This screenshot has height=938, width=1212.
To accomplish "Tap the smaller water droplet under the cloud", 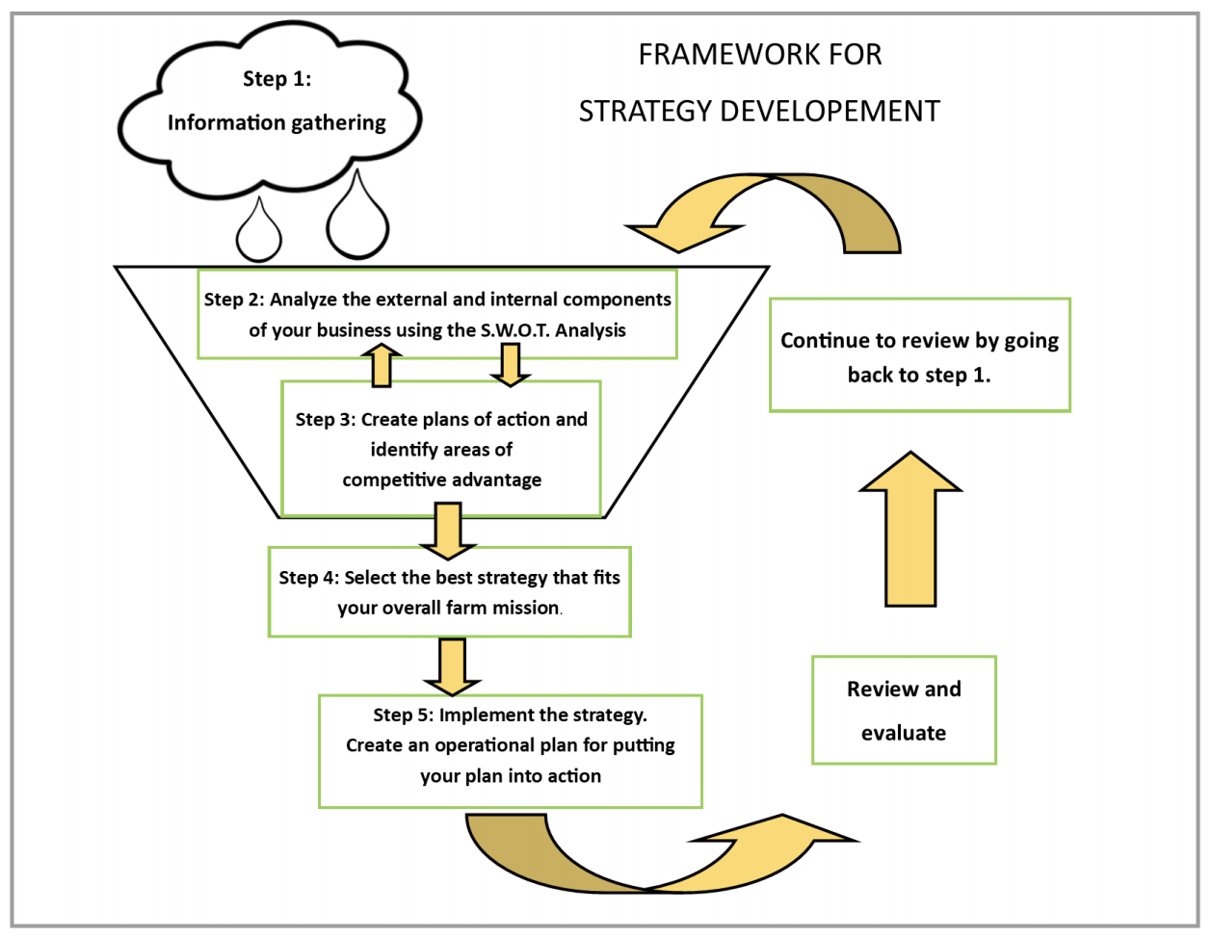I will (x=258, y=234).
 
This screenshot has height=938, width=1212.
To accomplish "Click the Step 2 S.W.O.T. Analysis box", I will (x=437, y=314).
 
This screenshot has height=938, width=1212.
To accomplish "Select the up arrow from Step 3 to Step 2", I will (x=382, y=366).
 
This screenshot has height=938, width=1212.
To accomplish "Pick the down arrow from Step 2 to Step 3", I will (x=511, y=364).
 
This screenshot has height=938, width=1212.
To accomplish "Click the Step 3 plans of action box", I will (x=441, y=449).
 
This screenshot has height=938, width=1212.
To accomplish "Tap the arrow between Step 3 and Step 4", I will (x=448, y=531).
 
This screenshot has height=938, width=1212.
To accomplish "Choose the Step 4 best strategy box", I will (x=449, y=592).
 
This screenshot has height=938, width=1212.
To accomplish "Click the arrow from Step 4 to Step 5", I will (x=452, y=665).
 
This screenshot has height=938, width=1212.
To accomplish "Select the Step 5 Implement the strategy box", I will (x=510, y=751).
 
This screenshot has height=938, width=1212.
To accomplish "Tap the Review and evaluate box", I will (x=904, y=711).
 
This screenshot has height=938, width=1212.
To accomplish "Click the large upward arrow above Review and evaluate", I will (x=910, y=530).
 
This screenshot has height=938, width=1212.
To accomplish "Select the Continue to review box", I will (x=919, y=355).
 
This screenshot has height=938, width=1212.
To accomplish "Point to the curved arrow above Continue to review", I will (x=771, y=212).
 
